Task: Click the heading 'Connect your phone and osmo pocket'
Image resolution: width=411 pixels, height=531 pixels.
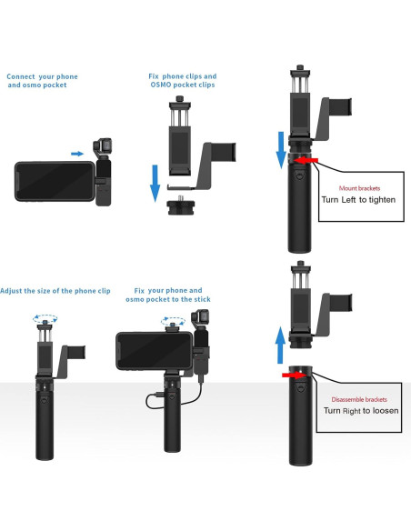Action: [x=43, y=82]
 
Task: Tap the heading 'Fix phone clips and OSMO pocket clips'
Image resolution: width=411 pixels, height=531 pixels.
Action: [x=183, y=82]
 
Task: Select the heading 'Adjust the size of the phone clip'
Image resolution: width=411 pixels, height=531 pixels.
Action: [x=55, y=290]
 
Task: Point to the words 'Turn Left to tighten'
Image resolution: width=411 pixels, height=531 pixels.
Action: [x=358, y=199]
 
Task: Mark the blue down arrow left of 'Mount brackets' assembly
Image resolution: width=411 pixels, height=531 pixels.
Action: [x=281, y=149]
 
